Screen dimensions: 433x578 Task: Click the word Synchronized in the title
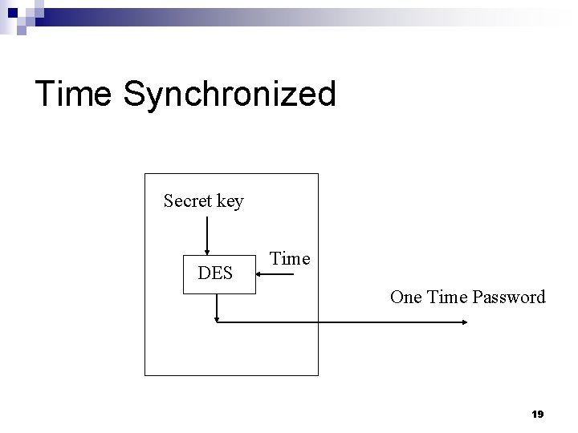coord(230,95)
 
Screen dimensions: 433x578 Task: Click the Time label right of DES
coord(290,258)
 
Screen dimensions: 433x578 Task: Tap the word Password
coord(509,297)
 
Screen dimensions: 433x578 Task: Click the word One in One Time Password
coord(406,297)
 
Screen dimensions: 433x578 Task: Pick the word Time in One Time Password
coord(447,297)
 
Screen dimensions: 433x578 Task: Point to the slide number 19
coord(537,415)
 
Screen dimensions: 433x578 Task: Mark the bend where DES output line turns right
coord(217,322)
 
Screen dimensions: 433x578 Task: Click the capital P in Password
coord(477,297)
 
